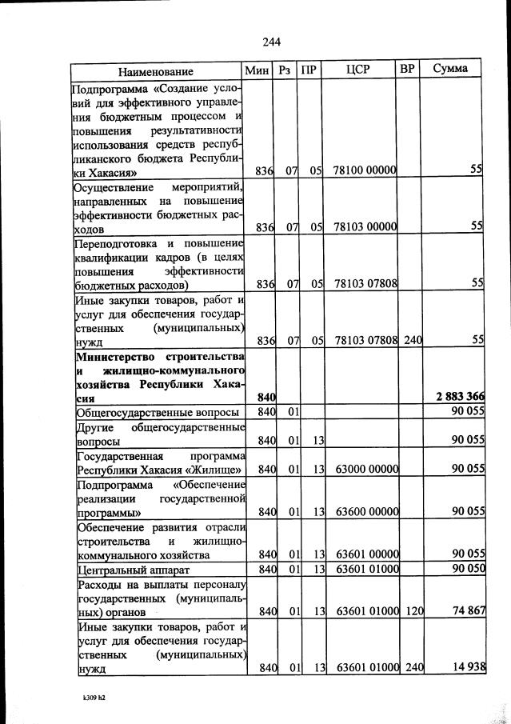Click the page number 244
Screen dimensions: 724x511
[269, 42]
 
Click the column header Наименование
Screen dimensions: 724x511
[157, 70]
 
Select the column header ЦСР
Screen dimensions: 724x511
[358, 70]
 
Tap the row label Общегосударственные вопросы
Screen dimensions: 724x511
[157, 412]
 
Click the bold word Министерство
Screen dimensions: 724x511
[110, 354]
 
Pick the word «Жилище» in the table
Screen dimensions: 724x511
[215, 469]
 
